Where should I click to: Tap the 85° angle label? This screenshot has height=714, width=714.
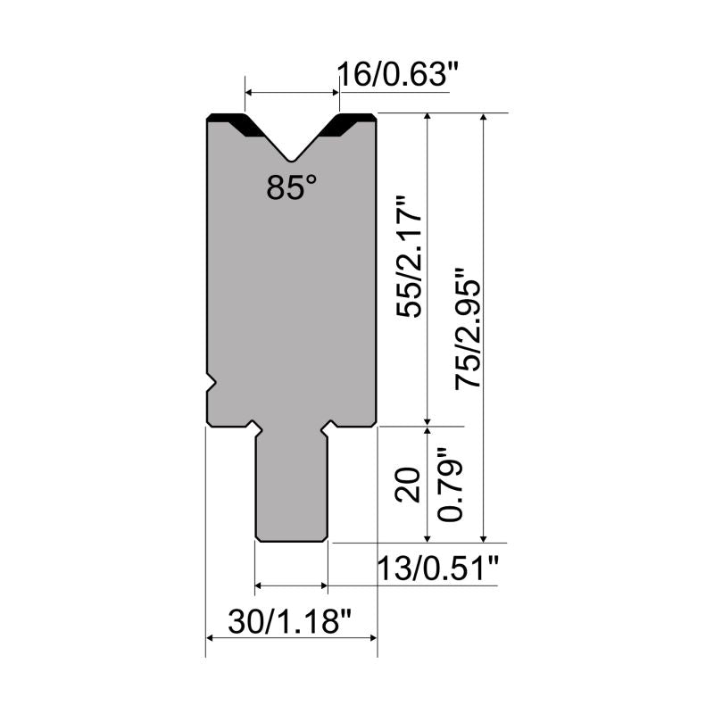tap(292, 187)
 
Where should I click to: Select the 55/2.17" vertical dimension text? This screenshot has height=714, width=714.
tap(409, 257)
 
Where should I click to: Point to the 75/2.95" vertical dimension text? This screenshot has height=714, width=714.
tap(468, 328)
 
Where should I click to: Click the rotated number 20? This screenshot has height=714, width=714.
tap(408, 485)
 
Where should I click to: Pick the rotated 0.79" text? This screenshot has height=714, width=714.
tap(450, 484)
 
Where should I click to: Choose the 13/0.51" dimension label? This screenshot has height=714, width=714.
tap(438, 569)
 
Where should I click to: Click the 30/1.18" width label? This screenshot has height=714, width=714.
tap(289, 621)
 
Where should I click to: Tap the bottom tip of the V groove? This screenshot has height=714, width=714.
tap(292, 161)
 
